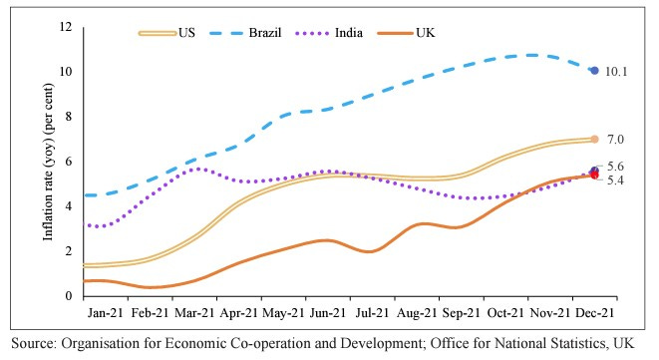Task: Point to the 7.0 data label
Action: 615,140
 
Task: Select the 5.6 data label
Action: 615,166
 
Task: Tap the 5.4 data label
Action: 615,180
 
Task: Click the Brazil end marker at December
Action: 594,71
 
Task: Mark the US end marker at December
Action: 594,140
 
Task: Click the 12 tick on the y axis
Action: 66,27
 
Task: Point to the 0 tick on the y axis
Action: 69,296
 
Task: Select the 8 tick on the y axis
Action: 69,117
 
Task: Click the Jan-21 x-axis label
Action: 105,311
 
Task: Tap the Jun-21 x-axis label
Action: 326,311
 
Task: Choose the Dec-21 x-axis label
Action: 592,311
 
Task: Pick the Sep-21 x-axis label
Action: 460,311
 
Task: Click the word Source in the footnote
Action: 32,344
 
